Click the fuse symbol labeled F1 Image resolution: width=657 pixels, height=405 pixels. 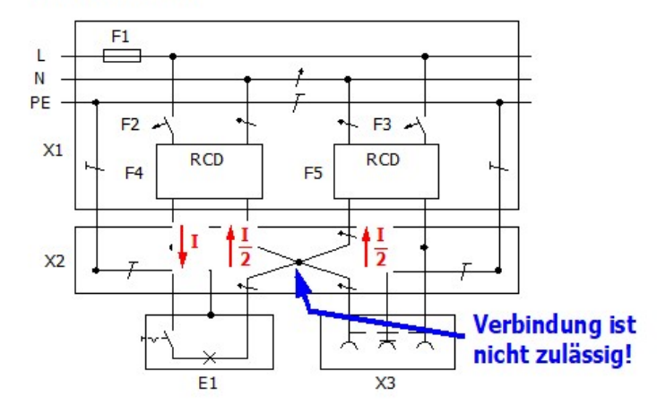(x=122, y=56)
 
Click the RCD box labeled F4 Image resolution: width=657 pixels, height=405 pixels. (x=209, y=170)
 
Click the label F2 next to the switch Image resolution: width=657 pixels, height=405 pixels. (x=131, y=125)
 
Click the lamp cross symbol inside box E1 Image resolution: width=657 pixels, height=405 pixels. (x=209, y=357)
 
